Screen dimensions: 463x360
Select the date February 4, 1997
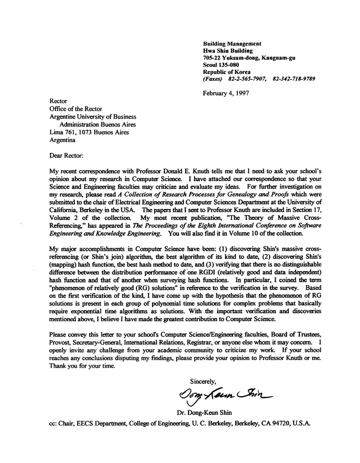point(225,93)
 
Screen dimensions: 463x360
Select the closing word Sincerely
point(203,381)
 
